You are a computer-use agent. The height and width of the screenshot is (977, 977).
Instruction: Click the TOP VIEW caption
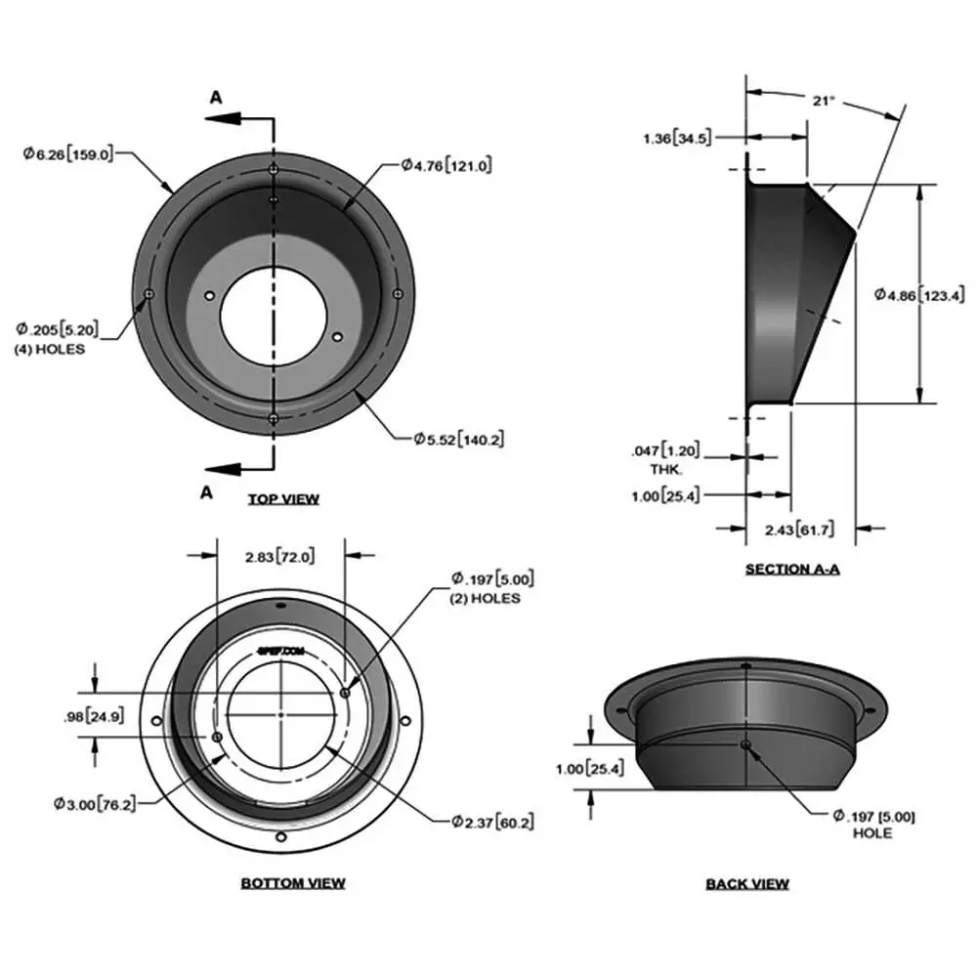[x=283, y=499]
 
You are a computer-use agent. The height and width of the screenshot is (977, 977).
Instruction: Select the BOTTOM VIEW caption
[x=293, y=883]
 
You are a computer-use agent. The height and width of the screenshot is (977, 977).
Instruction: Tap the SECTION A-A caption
[x=792, y=569]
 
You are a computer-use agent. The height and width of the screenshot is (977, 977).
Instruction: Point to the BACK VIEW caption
[x=747, y=884]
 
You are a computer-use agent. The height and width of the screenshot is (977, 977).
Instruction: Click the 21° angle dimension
[x=823, y=100]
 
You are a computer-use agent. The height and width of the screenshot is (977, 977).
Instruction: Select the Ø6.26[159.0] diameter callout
[x=68, y=152]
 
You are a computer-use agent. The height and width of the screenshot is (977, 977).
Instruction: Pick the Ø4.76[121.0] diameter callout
[x=446, y=166]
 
